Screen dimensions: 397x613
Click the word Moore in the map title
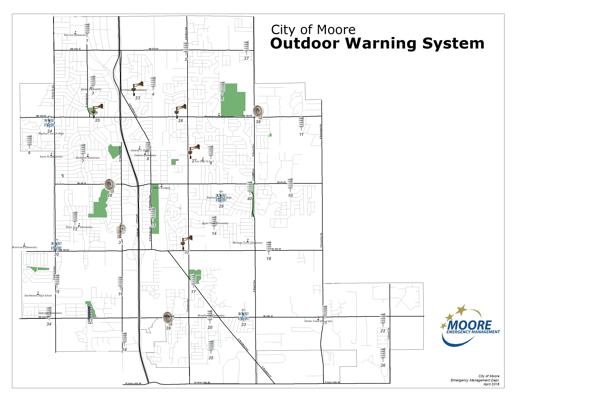(x=336, y=30)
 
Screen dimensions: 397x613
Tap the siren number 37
(x=246, y=58)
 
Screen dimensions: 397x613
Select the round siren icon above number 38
(x=258, y=111)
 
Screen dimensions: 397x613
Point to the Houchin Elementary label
(x=75, y=35)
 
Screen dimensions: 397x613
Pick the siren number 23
(x=137, y=98)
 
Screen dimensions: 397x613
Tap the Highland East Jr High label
(x=219, y=198)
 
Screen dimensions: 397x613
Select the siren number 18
(x=269, y=259)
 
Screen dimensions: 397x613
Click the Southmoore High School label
(x=38, y=296)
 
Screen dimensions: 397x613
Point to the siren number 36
(x=383, y=365)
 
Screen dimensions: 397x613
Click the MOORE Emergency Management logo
(x=470, y=326)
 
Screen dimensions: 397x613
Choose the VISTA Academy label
(x=162, y=188)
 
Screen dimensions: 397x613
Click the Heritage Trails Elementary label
(x=248, y=243)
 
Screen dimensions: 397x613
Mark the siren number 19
(x=124, y=350)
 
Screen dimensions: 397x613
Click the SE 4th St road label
(x=281, y=182)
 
